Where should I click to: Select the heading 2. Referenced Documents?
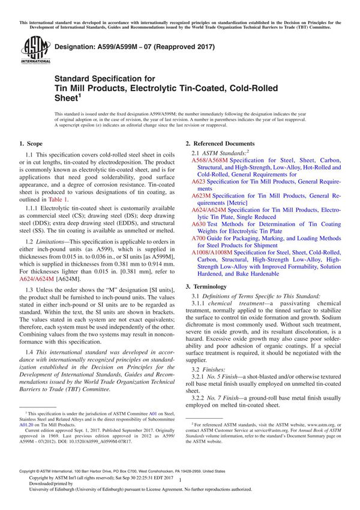[220, 143]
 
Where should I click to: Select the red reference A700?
[199, 238]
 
